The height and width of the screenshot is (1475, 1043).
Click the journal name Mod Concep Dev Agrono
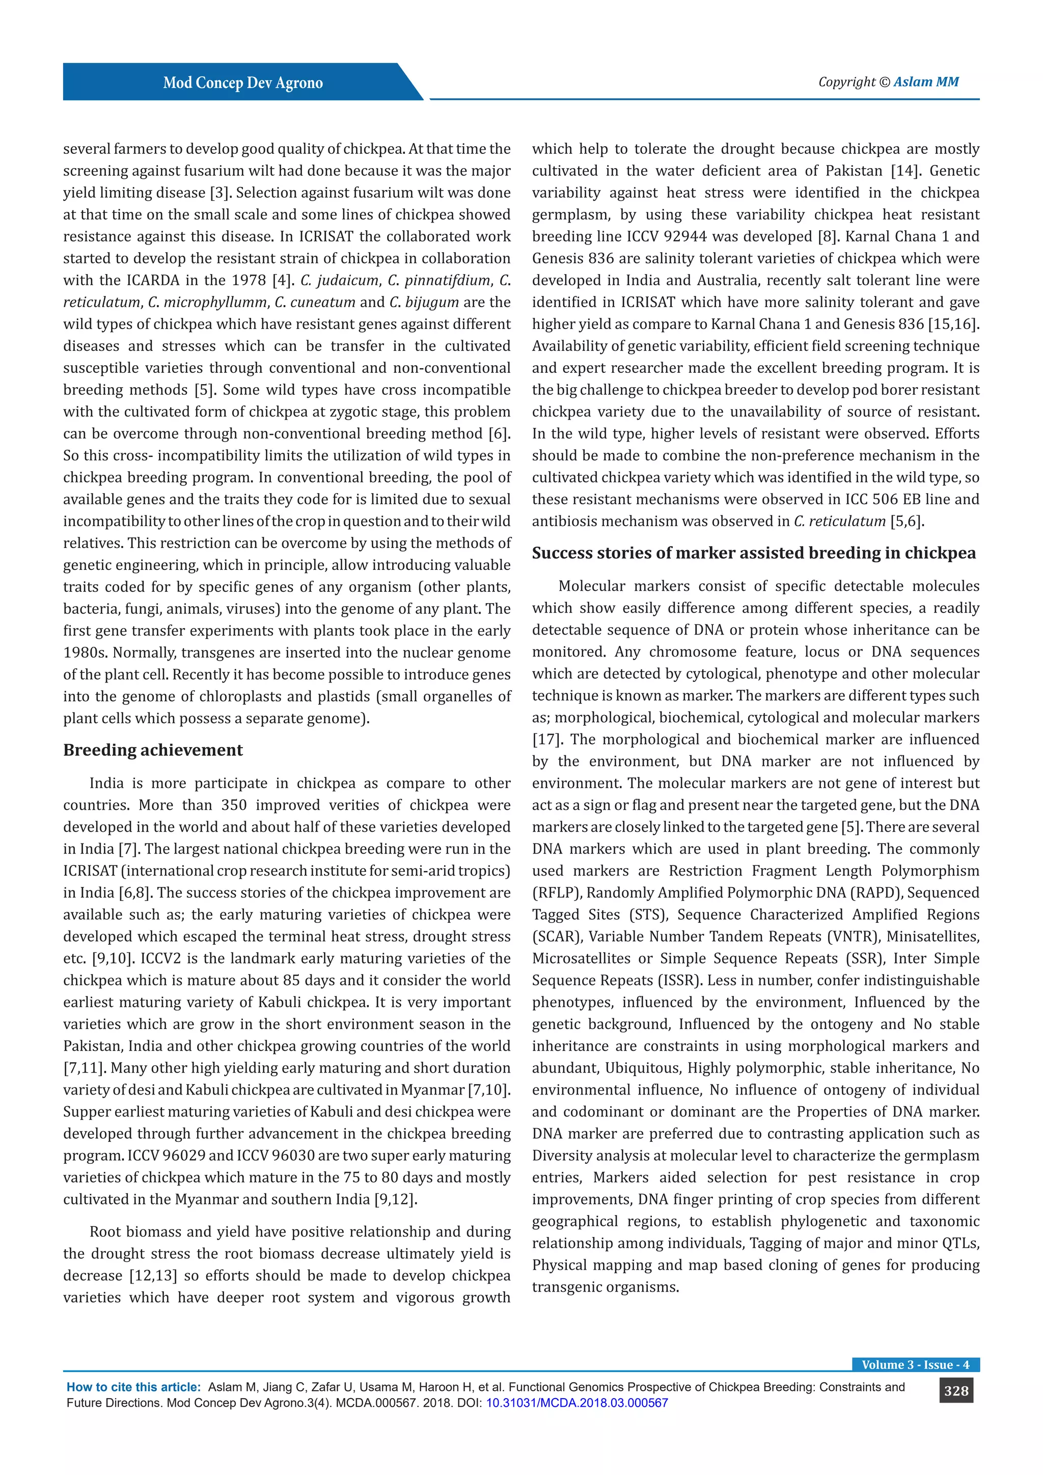(243, 83)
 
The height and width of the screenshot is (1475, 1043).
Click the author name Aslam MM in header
(925, 81)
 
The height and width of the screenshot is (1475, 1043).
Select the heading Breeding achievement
(153, 750)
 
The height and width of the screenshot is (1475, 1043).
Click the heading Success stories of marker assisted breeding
(753, 553)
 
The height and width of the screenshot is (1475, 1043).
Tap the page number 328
(955, 1391)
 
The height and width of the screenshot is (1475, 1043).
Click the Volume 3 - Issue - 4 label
(915, 1364)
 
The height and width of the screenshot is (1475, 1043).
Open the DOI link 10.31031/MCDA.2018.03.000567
(576, 1403)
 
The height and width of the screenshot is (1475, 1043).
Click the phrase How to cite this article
(133, 1387)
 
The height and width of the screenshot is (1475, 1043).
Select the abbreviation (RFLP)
(557, 893)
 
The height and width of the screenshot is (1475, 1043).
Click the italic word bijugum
(431, 302)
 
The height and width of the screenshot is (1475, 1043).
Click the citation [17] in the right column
(546, 740)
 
